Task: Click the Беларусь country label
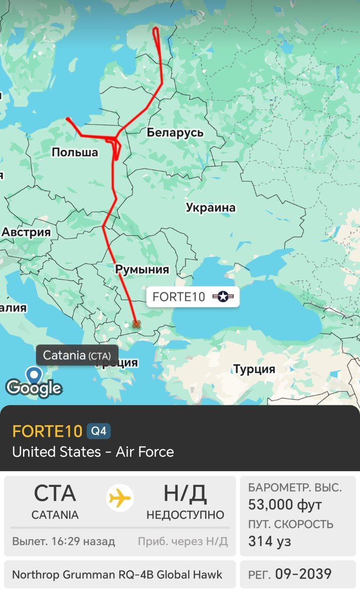coord(175,133)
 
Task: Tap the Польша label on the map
coord(75,152)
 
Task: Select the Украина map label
coord(211,208)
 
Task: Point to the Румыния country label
coord(142,269)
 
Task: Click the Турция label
coord(254,369)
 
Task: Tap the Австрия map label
coord(26,232)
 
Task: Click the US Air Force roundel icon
coord(223,297)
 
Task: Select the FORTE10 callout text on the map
coord(179,297)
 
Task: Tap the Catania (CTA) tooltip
coord(77,355)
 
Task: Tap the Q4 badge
coord(99,432)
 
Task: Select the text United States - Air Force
coord(93,452)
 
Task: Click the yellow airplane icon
coord(120,498)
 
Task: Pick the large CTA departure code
coord(55,494)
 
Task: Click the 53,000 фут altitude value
coord(285,505)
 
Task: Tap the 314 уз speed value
coord(269,541)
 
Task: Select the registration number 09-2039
coord(303,574)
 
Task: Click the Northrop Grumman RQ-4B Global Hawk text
coord(117,574)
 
